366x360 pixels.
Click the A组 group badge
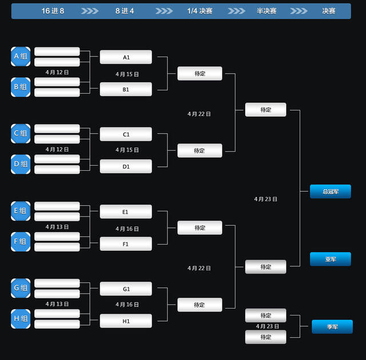point(21,57)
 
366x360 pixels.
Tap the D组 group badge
point(21,164)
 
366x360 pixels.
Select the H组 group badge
point(21,319)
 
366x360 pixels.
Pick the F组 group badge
point(21,242)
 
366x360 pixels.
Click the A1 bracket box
point(126,57)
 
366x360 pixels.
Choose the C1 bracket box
point(126,134)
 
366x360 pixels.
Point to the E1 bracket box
point(126,211)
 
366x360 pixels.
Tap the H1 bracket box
point(126,321)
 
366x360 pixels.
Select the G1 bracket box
point(126,289)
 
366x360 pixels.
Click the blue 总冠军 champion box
point(331,191)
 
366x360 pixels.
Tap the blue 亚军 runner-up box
point(331,259)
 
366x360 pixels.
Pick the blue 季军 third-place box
point(332,327)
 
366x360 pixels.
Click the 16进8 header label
point(53,11)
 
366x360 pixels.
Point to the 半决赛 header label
point(266,11)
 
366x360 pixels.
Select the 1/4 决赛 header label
point(200,11)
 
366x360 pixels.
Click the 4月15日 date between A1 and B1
point(127,74)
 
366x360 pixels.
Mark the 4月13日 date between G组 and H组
point(57,304)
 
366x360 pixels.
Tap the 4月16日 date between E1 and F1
point(127,229)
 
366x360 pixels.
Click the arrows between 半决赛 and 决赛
point(299,11)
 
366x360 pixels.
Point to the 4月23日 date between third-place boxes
point(268,326)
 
